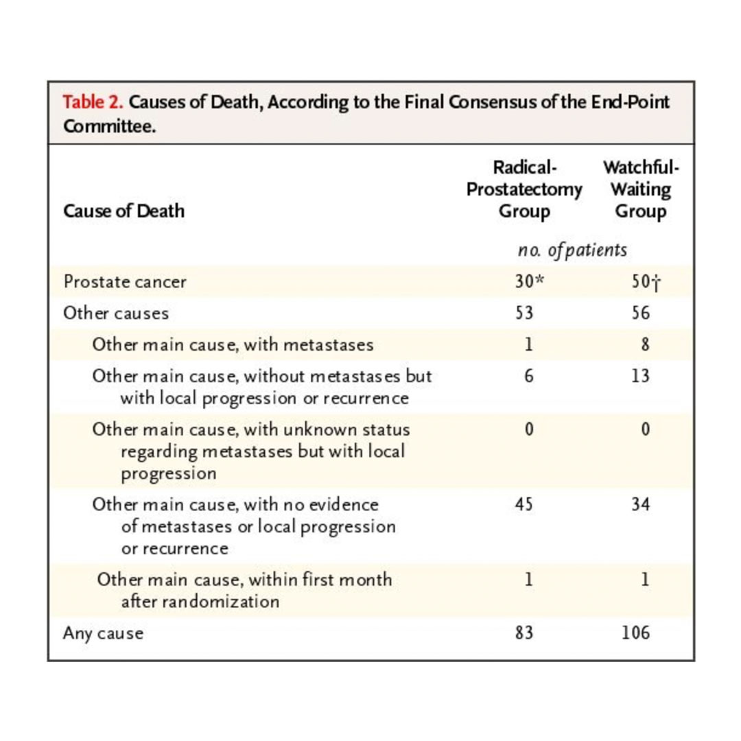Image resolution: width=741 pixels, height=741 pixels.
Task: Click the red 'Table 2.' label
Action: (x=93, y=103)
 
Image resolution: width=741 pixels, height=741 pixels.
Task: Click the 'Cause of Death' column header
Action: (x=123, y=210)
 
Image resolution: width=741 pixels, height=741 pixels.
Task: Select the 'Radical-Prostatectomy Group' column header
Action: (x=524, y=189)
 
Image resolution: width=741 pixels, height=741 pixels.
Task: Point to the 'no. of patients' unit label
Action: (x=572, y=250)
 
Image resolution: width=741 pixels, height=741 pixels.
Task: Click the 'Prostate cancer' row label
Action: (x=125, y=282)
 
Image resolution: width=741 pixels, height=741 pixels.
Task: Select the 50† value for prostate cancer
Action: (x=639, y=282)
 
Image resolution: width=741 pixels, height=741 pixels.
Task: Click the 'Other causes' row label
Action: (x=116, y=314)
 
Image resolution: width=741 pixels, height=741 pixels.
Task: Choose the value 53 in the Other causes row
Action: (x=524, y=314)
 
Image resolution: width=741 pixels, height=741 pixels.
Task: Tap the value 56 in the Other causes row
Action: (x=640, y=314)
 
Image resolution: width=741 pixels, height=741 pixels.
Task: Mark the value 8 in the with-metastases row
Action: (x=645, y=344)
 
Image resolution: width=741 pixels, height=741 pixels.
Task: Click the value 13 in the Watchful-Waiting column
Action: (x=640, y=376)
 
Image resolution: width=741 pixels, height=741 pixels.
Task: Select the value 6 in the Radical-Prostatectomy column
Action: (x=528, y=376)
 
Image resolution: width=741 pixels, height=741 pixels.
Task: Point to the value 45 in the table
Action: (x=524, y=504)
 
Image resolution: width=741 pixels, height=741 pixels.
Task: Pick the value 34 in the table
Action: (x=640, y=504)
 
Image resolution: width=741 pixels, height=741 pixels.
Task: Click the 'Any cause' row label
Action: (x=103, y=633)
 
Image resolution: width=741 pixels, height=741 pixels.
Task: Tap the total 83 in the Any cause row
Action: (x=524, y=632)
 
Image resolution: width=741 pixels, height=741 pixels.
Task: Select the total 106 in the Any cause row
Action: (x=636, y=632)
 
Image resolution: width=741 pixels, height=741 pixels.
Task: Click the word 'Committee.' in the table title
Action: (x=106, y=128)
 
